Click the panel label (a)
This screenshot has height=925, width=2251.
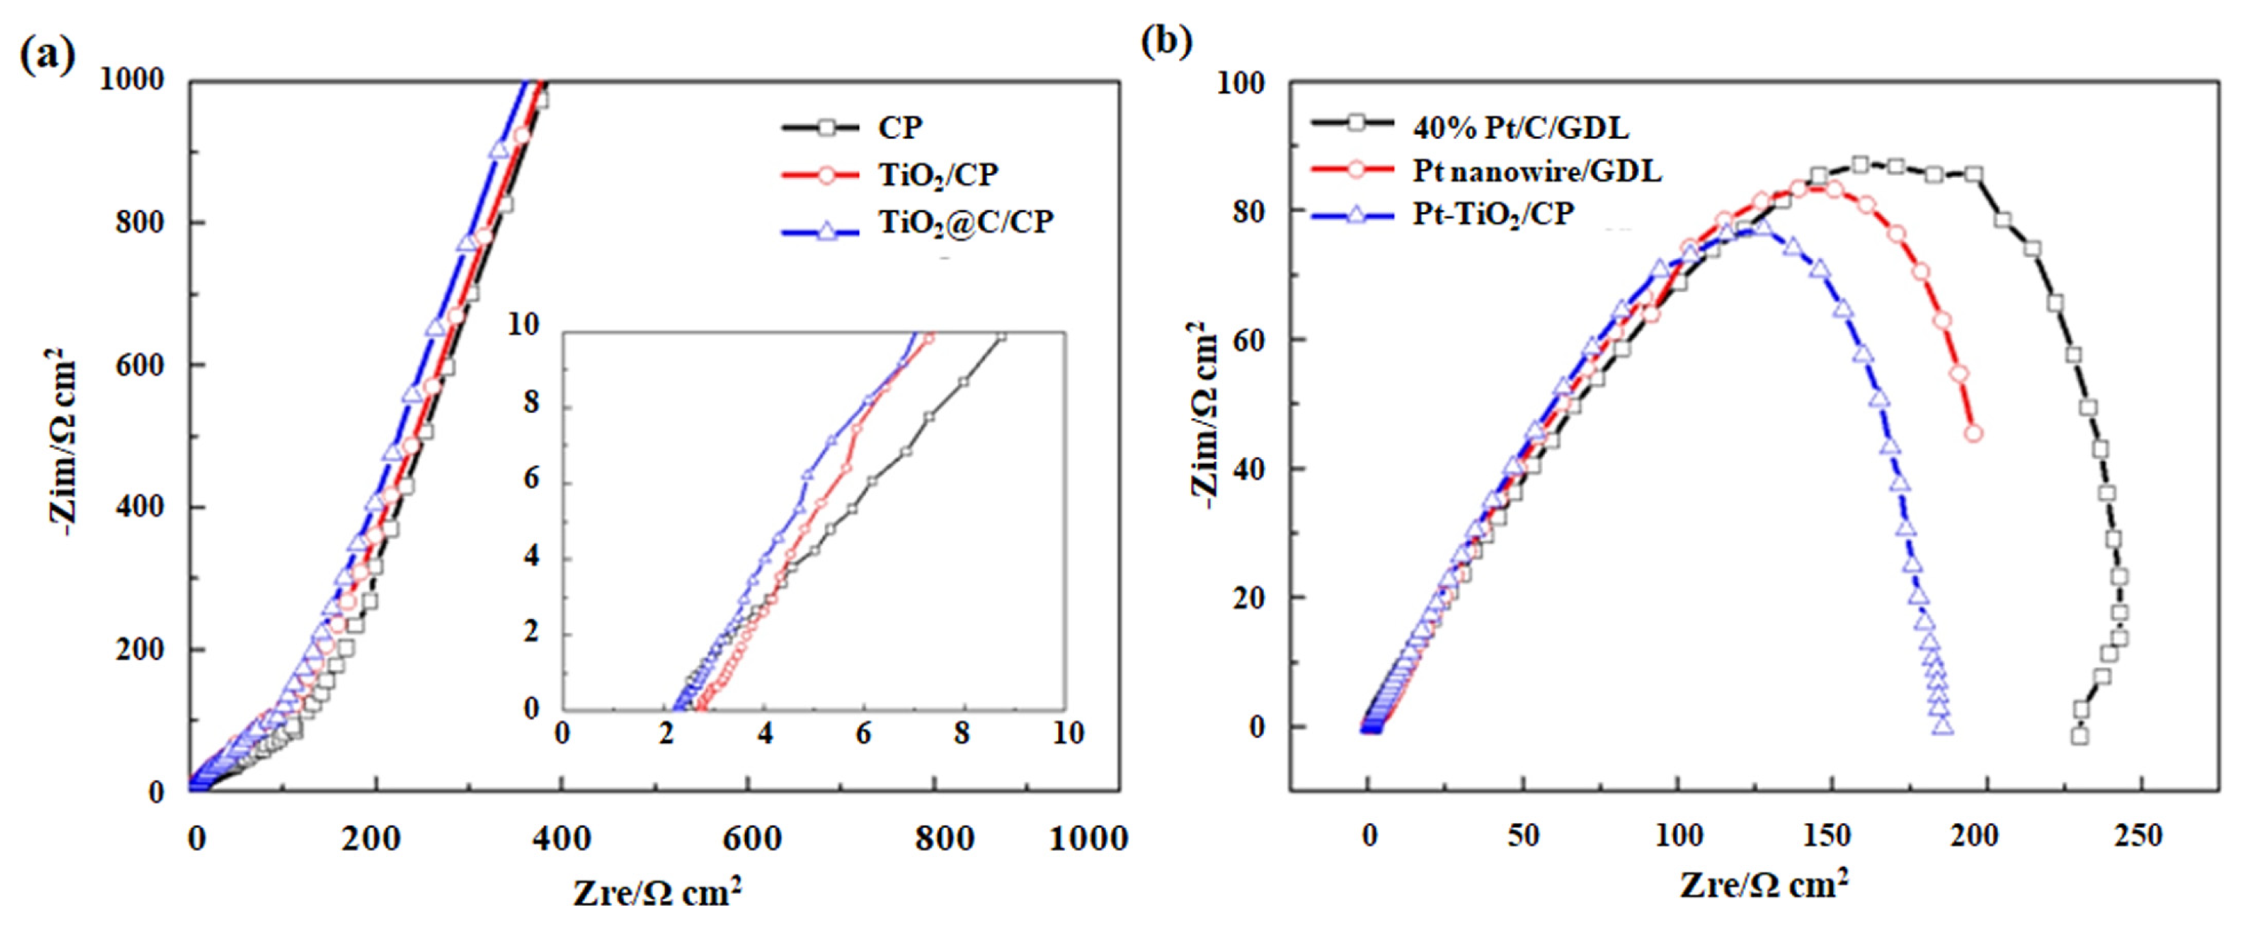pos(47,55)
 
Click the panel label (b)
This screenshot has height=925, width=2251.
pos(1166,41)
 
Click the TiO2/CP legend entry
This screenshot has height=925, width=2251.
pos(938,175)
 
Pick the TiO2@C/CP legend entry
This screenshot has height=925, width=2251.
pos(965,223)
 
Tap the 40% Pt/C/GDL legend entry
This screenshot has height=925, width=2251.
pos(1520,129)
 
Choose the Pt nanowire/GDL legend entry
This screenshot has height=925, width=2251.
pos(1536,171)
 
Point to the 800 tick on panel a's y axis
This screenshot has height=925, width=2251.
pos(140,223)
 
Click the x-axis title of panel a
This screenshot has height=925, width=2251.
pos(657,892)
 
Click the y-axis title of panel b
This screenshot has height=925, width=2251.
pos(1204,415)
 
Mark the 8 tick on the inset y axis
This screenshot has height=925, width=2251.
pos(531,404)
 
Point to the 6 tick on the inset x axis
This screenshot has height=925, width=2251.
pos(863,733)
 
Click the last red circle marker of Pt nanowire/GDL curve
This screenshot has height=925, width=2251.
pos(1972,433)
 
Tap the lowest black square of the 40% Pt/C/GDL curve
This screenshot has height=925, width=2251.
pos(2080,736)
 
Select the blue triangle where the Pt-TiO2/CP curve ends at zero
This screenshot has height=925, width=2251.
pos(1943,726)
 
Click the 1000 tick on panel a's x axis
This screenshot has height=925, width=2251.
pos(1087,839)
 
